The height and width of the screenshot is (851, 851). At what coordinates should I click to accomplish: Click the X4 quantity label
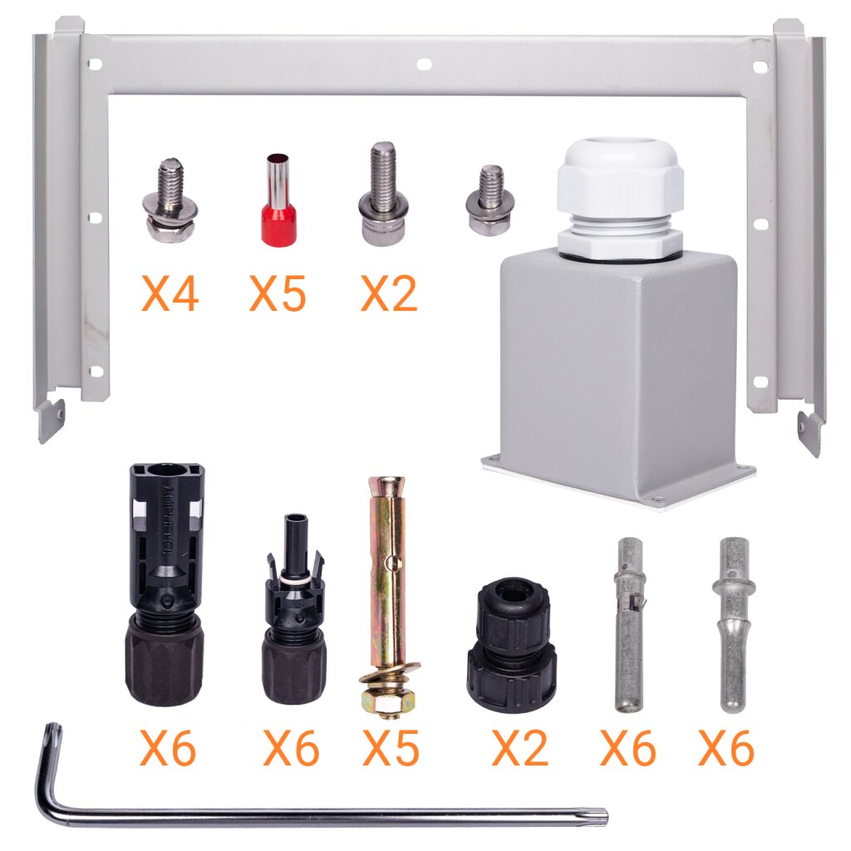coord(170,293)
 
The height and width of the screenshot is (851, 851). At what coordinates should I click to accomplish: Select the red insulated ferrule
coord(279,199)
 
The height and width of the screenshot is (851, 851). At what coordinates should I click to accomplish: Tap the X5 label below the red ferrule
coord(278,293)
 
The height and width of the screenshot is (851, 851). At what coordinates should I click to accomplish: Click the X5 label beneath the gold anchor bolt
coord(391,748)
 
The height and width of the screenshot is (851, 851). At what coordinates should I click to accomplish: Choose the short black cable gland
coord(511,644)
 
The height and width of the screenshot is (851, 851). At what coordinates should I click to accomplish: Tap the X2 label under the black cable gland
coord(519,748)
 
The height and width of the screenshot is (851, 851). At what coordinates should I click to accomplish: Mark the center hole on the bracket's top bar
coord(424,65)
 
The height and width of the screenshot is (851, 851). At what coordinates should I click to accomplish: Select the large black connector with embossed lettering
coord(165,584)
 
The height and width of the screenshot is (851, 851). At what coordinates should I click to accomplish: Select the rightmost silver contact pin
coord(733,624)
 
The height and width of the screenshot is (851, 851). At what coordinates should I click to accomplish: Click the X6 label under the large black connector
coord(168,748)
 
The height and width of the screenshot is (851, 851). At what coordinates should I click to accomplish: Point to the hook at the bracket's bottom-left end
coord(51,421)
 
